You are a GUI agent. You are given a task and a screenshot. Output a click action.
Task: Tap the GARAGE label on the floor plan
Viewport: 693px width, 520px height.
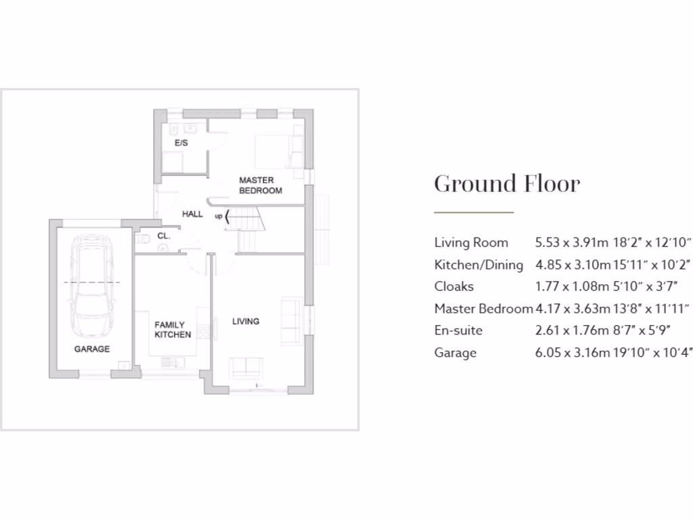(92, 349)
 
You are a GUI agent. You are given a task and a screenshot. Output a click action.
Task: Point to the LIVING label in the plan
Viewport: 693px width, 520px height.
(246, 322)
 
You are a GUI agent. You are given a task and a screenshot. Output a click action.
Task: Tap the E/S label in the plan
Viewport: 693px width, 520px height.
(181, 144)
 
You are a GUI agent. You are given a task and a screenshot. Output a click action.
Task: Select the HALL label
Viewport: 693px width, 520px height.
(192, 214)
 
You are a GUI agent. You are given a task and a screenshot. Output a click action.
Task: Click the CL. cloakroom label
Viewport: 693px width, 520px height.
(163, 236)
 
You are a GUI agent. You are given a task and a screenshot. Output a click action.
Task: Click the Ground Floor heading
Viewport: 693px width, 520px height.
(507, 183)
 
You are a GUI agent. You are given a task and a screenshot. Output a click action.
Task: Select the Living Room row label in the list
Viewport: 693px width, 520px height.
(471, 242)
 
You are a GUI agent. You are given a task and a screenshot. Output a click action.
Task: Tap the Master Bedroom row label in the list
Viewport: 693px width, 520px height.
(483, 309)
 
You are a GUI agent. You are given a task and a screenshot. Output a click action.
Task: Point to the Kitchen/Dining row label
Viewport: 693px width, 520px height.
(478, 265)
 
